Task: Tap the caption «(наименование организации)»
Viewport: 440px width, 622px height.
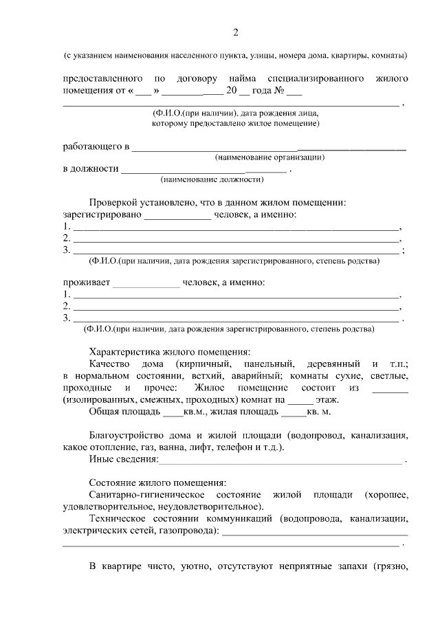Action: click(269, 157)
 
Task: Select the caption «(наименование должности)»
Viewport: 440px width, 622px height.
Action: click(212, 179)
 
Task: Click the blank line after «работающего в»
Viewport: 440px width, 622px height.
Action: click(268, 147)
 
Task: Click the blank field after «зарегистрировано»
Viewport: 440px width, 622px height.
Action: click(177, 214)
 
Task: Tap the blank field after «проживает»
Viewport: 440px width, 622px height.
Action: click(146, 282)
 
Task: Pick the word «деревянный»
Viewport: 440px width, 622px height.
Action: click(333, 363)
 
